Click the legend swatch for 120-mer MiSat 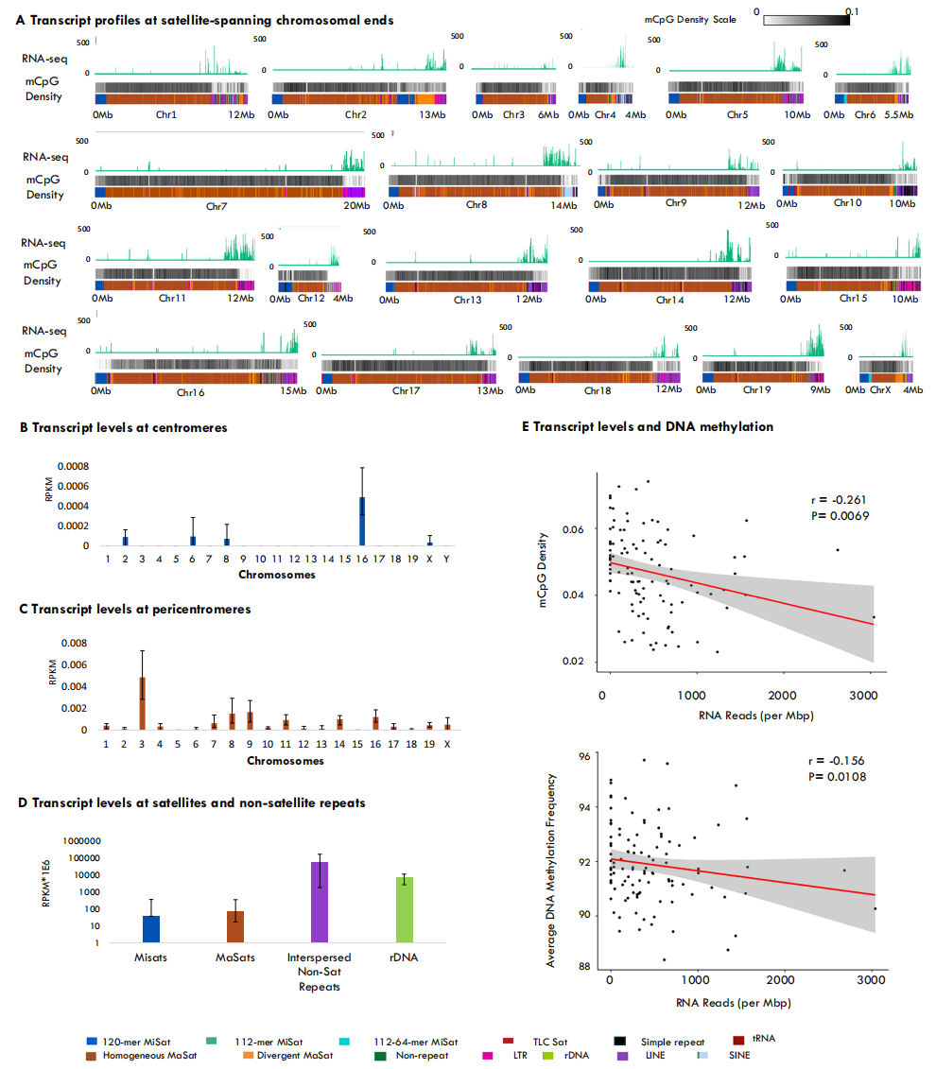point(92,1040)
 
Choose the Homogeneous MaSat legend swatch point(92,1055)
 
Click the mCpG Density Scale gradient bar point(806,19)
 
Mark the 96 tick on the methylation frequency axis point(584,756)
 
